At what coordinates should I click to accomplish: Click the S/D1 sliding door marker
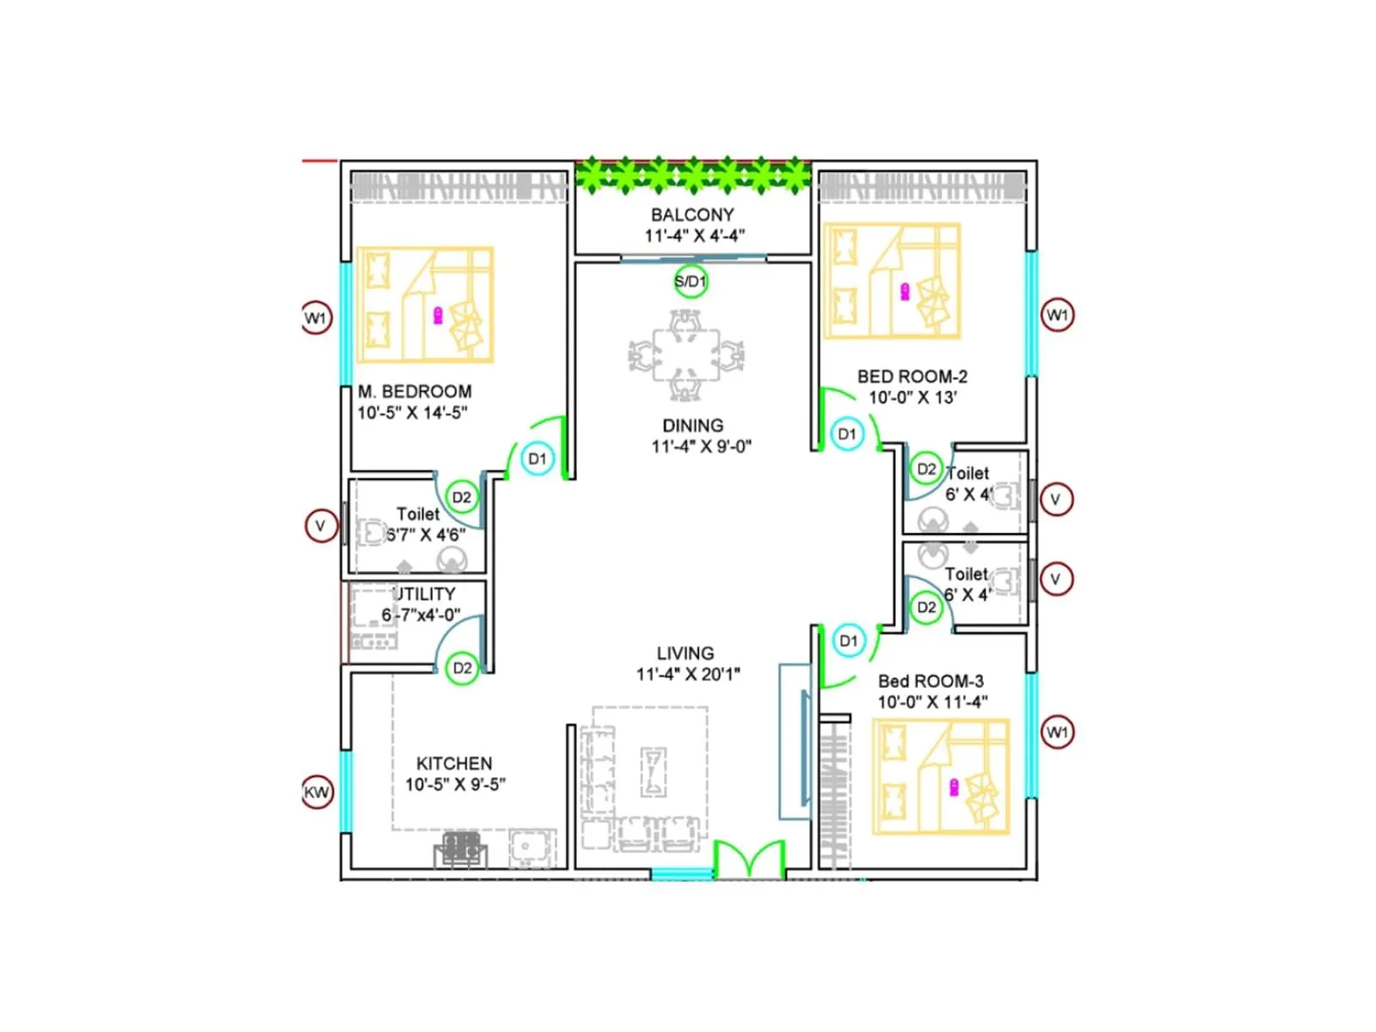[691, 281]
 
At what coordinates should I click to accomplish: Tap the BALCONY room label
[692, 215]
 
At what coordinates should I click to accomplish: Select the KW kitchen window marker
[316, 792]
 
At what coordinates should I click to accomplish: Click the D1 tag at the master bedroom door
[537, 458]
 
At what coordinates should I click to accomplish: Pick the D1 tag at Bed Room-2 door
[847, 433]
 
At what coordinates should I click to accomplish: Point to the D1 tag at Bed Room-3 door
[849, 641]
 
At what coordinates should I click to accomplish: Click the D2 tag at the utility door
[462, 668]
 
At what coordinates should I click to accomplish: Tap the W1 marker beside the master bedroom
[316, 318]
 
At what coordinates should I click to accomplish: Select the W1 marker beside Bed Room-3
[1057, 732]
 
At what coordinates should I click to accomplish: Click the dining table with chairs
[685, 355]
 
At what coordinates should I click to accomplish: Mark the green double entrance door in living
[750, 859]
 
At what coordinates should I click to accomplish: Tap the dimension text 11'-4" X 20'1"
[688, 674]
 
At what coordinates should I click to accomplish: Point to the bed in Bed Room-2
[891, 281]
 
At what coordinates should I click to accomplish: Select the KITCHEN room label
[454, 764]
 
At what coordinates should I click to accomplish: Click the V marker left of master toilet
[321, 525]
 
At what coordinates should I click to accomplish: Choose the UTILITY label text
[424, 594]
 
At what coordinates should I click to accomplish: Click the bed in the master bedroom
[425, 305]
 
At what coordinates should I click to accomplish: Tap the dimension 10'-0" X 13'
[912, 397]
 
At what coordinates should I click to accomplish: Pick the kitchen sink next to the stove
[525, 847]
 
